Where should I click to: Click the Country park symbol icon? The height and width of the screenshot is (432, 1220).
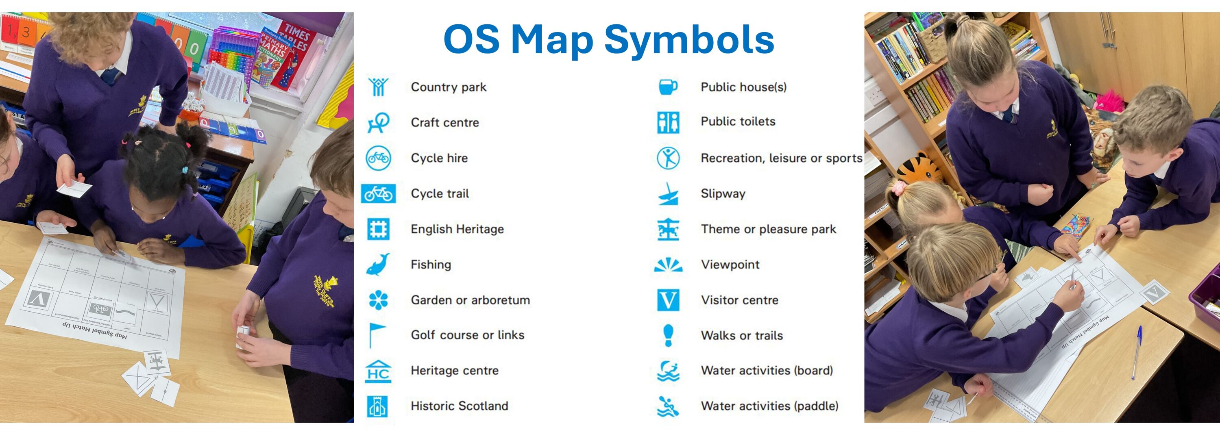379,87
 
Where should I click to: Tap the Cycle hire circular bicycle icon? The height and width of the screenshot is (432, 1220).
379,158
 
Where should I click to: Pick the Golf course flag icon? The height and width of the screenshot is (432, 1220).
377,335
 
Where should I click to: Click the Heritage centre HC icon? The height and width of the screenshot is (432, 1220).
379,371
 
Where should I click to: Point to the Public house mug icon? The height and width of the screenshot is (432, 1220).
668,87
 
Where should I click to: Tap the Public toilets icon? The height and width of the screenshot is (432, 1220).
668,122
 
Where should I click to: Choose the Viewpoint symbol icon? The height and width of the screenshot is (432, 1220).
668,265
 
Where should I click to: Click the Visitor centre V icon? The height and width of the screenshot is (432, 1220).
668,300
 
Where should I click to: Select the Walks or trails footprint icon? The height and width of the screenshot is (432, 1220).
668,335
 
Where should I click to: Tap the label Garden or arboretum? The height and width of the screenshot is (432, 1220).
470,300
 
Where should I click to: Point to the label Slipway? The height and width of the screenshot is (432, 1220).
723,193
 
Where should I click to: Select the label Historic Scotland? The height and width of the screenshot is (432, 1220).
460,406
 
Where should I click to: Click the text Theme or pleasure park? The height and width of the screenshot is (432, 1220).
768,229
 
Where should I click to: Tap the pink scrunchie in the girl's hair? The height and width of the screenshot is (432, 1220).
898,188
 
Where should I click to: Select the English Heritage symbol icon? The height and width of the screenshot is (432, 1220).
379,229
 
